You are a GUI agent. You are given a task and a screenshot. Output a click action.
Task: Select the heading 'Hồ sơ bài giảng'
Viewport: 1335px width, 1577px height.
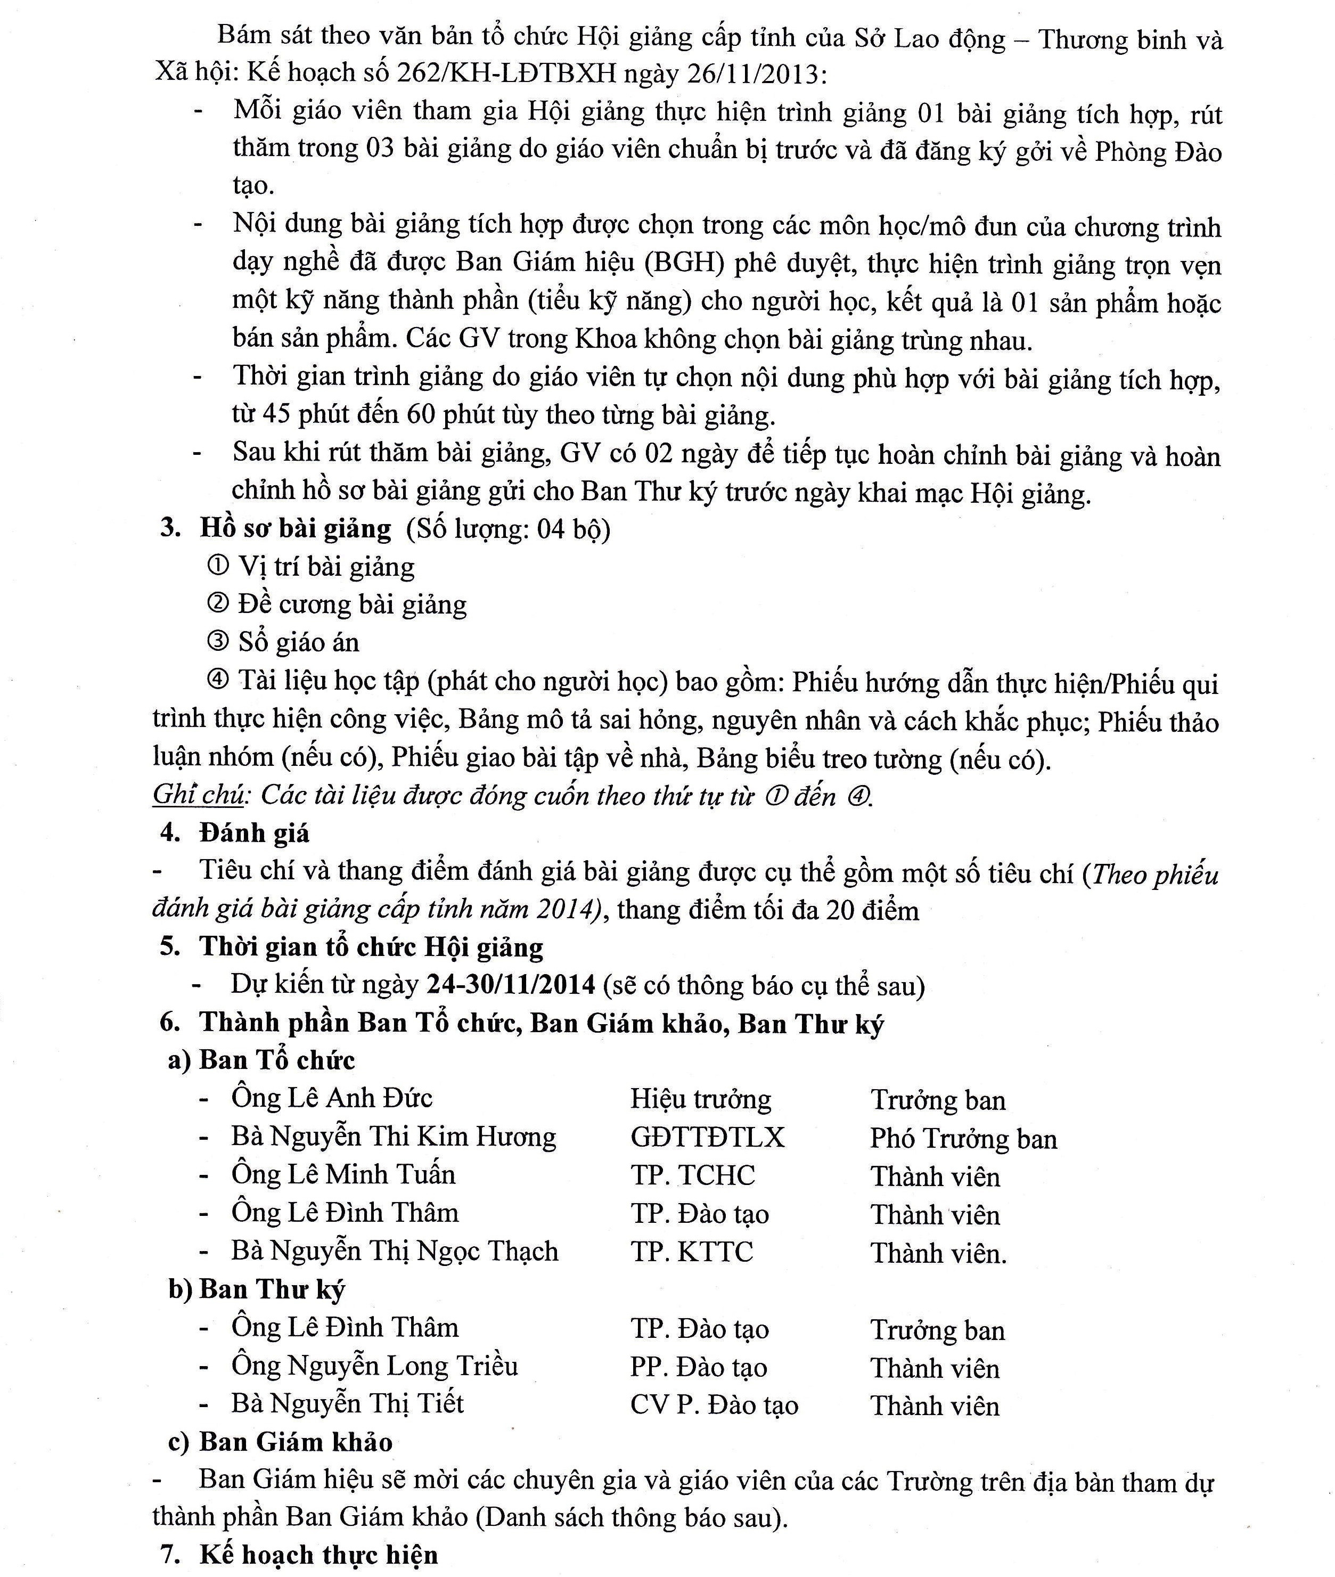(x=295, y=528)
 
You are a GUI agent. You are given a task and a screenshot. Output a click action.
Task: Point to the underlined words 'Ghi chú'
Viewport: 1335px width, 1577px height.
(x=198, y=795)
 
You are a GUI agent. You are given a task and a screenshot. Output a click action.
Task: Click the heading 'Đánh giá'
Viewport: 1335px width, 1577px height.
(x=255, y=833)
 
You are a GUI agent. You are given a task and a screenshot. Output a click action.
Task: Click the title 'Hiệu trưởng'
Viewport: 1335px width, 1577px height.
(x=701, y=1099)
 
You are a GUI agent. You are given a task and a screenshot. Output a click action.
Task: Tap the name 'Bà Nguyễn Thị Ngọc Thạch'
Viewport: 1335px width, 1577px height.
(x=394, y=1252)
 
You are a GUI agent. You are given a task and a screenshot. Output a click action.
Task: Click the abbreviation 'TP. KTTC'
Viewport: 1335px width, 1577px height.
(x=692, y=1252)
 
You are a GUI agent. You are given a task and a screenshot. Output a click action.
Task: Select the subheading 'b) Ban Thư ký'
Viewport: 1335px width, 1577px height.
(x=257, y=1289)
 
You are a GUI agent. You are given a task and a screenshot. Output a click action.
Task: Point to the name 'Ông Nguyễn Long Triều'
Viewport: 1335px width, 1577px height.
(x=374, y=1366)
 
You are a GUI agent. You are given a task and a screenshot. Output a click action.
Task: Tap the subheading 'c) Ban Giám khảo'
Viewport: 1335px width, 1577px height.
(x=280, y=1442)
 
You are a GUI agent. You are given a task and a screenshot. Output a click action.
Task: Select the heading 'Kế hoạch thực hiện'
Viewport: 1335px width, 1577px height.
(x=318, y=1556)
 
